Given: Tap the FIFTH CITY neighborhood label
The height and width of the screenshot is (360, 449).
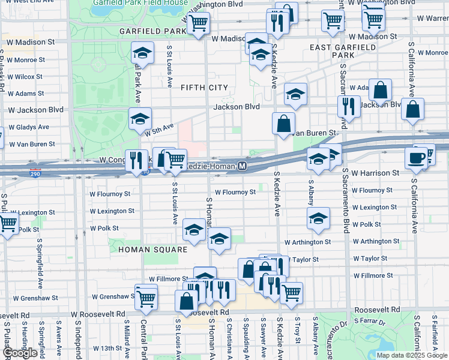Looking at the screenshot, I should click(x=204, y=88).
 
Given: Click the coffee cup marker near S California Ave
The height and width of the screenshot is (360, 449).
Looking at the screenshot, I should click(x=415, y=158).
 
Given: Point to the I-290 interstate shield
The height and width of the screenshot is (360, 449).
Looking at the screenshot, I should click(x=36, y=173).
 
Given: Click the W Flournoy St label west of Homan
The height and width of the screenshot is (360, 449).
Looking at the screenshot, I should click(x=110, y=194).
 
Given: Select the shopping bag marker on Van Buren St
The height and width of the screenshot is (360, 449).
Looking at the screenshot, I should click(x=283, y=124).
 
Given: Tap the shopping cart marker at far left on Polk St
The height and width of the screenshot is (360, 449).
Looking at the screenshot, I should click(x=7, y=224).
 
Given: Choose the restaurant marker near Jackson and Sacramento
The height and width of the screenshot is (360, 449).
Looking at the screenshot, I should click(x=348, y=106).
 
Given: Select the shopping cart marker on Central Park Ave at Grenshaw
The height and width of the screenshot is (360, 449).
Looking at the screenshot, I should click(x=146, y=298).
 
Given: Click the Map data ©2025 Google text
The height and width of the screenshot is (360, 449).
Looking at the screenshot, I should click(x=411, y=355).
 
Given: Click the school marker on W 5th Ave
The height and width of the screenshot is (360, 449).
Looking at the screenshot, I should click(x=140, y=119).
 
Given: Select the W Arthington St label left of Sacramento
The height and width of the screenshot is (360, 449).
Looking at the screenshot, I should click(x=307, y=242).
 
